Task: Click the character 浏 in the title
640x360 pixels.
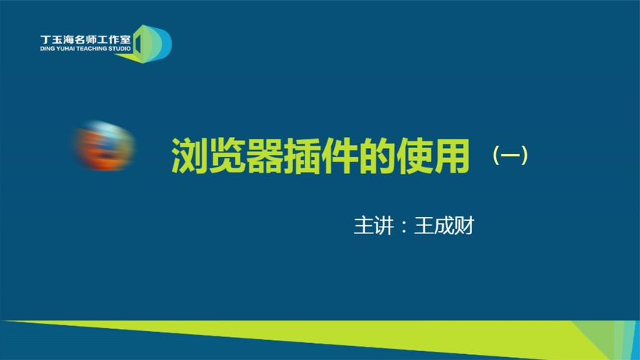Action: [x=190, y=155]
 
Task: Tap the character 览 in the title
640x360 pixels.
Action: [x=227, y=155]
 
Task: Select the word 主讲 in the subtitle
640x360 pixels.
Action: [x=371, y=225]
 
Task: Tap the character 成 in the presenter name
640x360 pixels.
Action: [x=444, y=225]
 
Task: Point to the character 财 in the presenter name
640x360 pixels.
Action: [x=463, y=225]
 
